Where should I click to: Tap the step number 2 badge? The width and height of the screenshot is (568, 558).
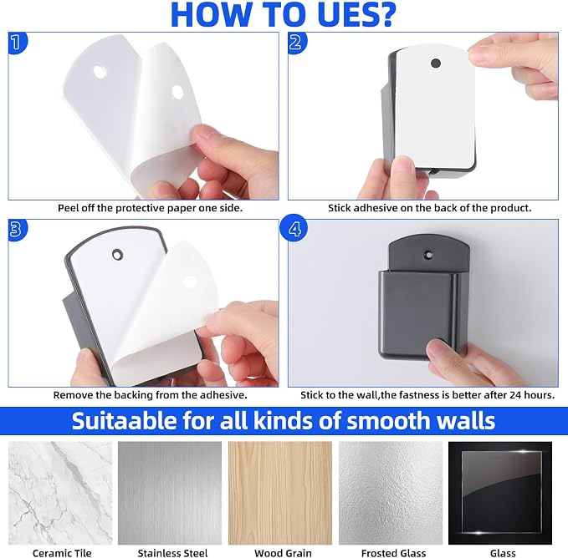click(x=297, y=43)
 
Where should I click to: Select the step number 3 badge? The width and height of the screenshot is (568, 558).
click(x=17, y=229)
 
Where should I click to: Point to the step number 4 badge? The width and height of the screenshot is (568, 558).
click(x=294, y=228)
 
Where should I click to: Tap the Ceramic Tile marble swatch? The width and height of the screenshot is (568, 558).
click(x=60, y=493)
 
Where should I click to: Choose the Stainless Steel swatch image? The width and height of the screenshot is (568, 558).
click(x=170, y=493)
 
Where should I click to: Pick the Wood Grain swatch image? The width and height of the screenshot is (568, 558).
click(x=280, y=493)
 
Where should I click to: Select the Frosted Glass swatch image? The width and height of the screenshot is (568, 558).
click(x=391, y=493)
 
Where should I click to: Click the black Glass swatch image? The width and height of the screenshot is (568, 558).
click(x=500, y=493)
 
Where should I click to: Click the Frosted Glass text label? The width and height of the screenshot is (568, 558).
click(x=393, y=553)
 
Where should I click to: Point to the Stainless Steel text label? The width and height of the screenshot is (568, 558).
click(x=172, y=553)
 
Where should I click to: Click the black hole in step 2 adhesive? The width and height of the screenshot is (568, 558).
click(x=436, y=63)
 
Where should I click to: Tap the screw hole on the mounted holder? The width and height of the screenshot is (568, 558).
click(x=429, y=255)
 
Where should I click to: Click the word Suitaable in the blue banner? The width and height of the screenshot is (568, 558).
click(x=124, y=420)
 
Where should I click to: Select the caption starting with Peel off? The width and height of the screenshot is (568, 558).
click(x=151, y=208)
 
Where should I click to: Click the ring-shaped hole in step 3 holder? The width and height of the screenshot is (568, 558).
click(x=117, y=255)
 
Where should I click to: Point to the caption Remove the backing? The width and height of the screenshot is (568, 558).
click(x=151, y=395)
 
